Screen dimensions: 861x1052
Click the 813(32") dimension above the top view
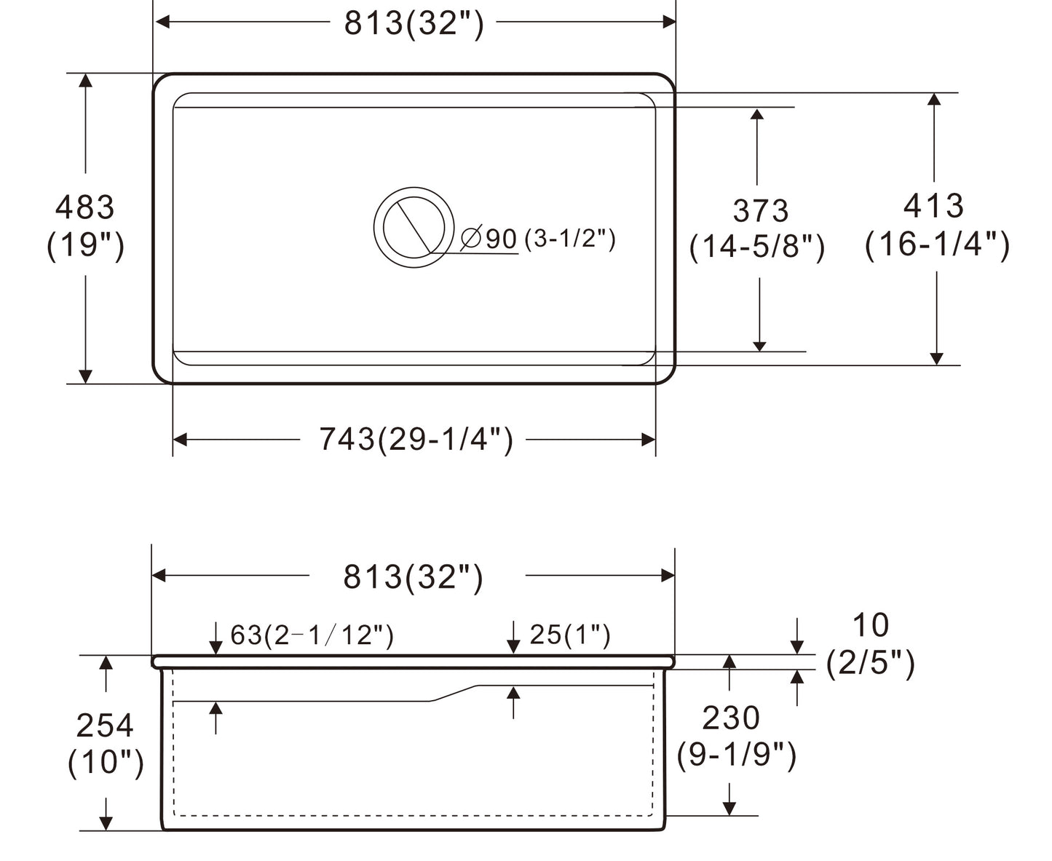[x=414, y=23]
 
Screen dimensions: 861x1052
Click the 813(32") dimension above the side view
[x=413, y=577]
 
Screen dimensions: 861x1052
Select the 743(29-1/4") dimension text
[x=416, y=440]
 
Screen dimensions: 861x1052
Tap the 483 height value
[x=85, y=208]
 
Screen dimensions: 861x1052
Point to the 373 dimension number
[x=760, y=211]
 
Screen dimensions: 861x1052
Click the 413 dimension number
[x=933, y=206]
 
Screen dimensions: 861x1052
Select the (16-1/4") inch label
[x=937, y=245]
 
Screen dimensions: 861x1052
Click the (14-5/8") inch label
[x=757, y=247]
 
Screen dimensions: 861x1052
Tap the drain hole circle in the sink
[x=413, y=226]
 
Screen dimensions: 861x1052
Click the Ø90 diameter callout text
[x=489, y=239]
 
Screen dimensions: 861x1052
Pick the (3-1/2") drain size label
[x=569, y=238]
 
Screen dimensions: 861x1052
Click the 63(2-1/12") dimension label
[x=312, y=635]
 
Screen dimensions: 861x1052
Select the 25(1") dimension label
[x=569, y=635]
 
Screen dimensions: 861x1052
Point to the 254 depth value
[x=105, y=726]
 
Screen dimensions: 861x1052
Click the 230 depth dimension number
[x=731, y=718]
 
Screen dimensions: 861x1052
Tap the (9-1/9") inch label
[x=736, y=756]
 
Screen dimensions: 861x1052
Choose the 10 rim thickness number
[x=870, y=625]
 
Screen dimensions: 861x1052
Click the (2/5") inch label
[x=870, y=663]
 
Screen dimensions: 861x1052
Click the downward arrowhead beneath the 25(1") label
[x=513, y=646]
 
